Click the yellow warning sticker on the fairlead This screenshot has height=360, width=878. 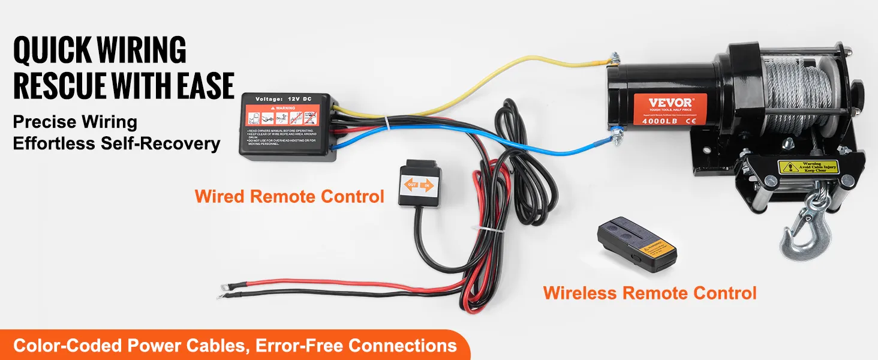801,166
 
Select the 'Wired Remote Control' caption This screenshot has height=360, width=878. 289,196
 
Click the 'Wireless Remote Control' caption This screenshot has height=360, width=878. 650,293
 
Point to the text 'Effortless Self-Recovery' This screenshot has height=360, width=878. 116,144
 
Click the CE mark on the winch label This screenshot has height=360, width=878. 690,121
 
